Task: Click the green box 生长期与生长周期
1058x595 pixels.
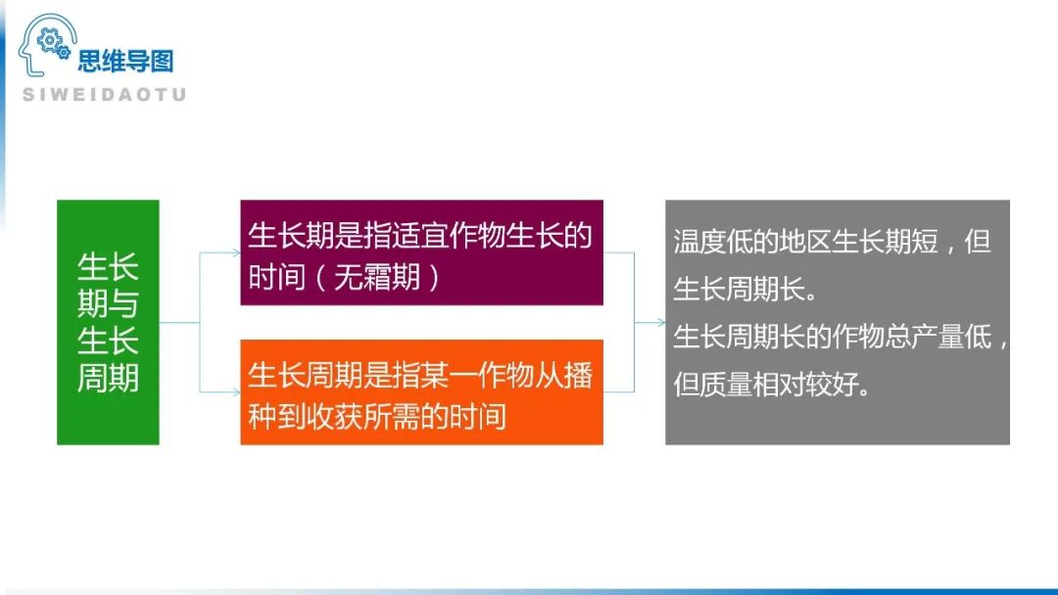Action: tap(108, 322)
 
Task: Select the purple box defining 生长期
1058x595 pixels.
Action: tap(421, 252)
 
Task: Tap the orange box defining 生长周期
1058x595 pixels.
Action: tap(421, 391)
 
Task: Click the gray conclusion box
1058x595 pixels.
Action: tap(837, 322)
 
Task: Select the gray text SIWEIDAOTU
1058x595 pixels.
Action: tap(104, 95)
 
